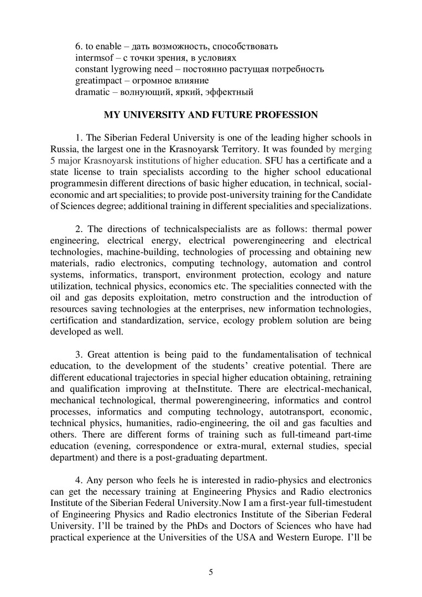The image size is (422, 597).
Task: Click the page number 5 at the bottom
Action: [211, 572]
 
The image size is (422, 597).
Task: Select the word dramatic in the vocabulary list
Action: [92, 92]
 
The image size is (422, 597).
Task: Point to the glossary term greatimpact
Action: [98, 80]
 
